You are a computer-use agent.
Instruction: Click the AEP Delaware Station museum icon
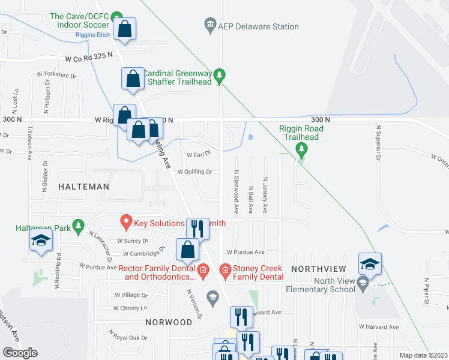[210, 26]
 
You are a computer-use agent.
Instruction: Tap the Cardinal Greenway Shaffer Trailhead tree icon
[220, 75]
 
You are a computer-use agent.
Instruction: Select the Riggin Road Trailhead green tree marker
[302, 148]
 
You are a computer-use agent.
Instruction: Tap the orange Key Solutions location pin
[126, 223]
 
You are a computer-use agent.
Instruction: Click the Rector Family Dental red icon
[203, 272]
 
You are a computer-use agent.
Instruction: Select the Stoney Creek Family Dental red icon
[226, 272]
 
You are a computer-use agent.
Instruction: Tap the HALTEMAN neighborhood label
[84, 187]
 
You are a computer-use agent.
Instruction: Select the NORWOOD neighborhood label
[168, 322]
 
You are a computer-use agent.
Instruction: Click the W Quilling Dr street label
[194, 172]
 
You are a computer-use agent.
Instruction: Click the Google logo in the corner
[20, 353]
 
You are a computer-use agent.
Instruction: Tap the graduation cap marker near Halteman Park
[41, 241]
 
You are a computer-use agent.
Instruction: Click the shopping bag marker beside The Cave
[124, 29]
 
